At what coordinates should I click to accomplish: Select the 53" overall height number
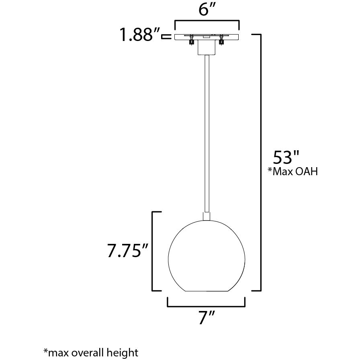(x=286, y=157)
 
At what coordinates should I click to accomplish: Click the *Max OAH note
(x=293, y=172)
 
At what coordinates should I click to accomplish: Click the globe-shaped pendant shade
(x=207, y=256)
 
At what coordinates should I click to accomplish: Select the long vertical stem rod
(x=207, y=133)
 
